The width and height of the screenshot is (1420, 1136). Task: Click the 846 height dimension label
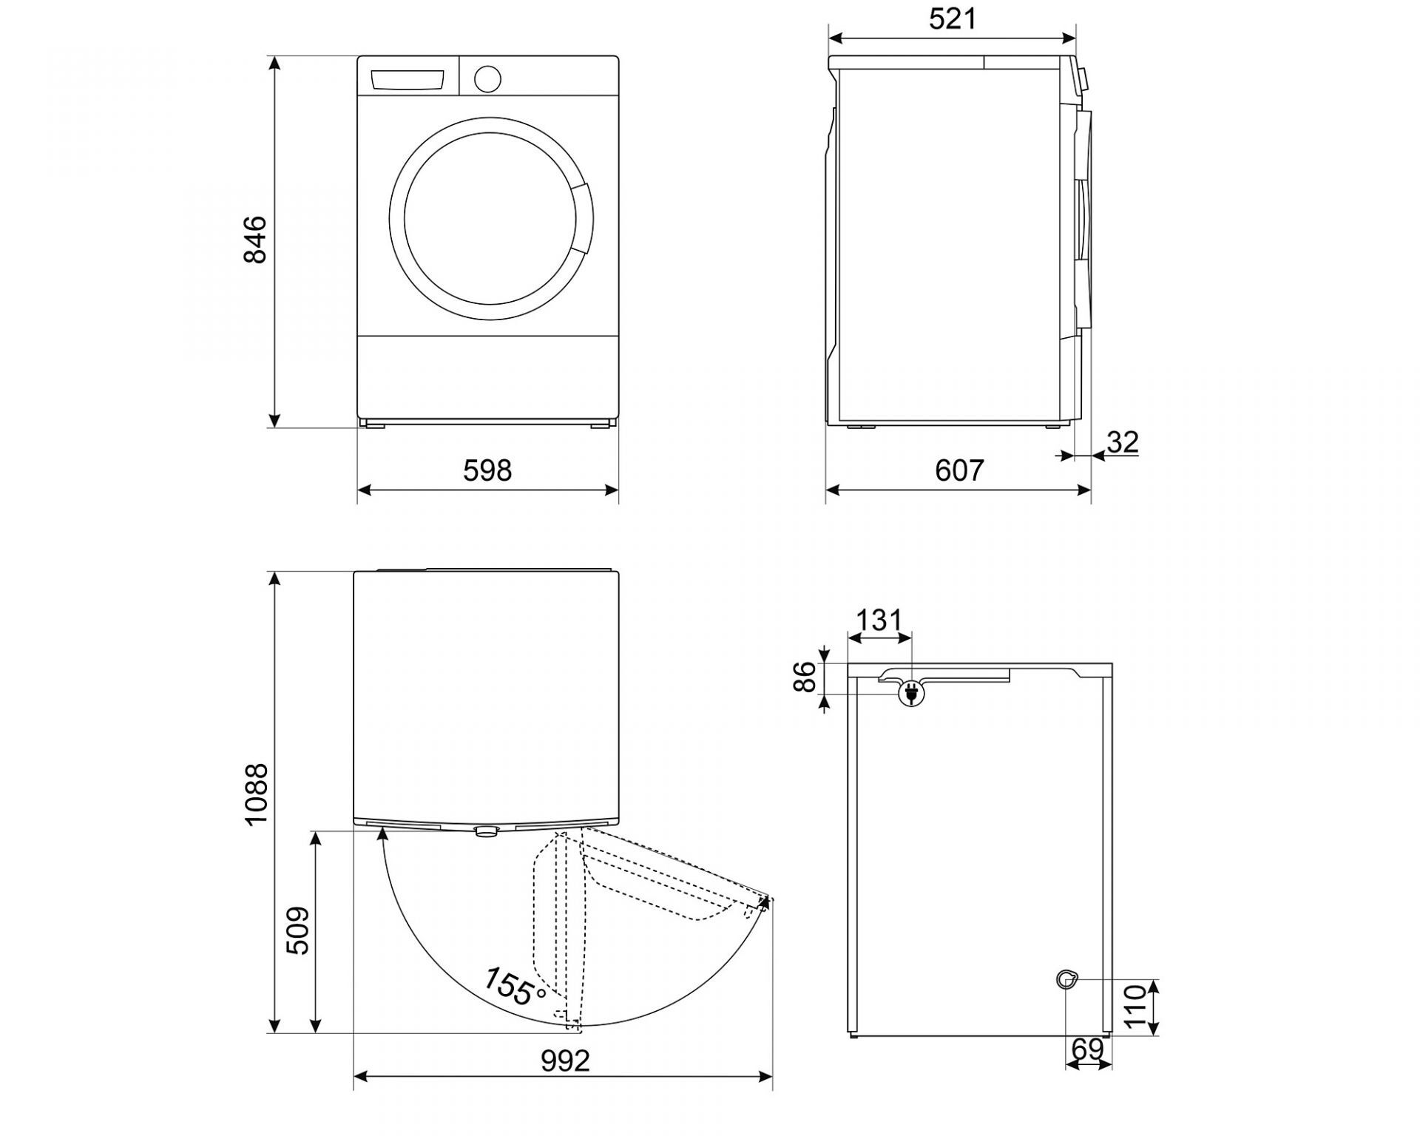[254, 239]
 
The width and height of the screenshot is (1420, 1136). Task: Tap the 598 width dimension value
[487, 470]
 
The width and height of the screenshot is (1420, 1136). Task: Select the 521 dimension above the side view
[953, 19]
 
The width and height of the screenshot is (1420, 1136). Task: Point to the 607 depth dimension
[959, 470]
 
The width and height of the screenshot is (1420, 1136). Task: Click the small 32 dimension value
[1123, 442]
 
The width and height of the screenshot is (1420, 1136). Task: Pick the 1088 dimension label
[255, 794]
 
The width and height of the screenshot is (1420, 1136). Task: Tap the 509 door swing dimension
[297, 930]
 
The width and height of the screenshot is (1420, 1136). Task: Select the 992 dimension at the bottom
[566, 1061]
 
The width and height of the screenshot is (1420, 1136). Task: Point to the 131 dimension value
[879, 620]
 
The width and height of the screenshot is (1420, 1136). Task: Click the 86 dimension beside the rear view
[805, 677]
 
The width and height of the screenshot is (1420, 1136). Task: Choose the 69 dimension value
[1087, 1049]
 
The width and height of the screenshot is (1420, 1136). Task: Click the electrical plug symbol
[911, 694]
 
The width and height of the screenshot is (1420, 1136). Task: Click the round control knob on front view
[487, 78]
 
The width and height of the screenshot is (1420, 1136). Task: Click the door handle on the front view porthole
[583, 218]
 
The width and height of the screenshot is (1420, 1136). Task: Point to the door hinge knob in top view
[486, 831]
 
